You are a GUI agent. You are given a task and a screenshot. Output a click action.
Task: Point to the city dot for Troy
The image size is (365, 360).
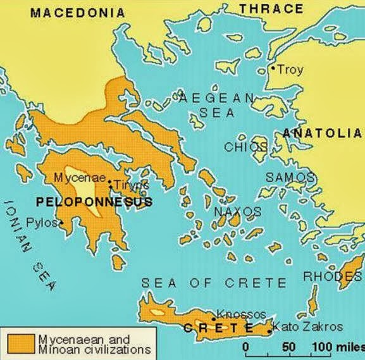click(273, 68)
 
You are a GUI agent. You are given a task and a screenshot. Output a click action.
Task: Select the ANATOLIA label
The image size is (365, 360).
click(322, 133)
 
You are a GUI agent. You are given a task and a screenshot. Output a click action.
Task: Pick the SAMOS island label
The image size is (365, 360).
click(289, 178)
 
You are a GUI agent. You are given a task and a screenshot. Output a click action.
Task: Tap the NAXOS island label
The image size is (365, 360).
click(237, 211)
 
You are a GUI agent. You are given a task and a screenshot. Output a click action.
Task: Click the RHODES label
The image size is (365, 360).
click(333, 276)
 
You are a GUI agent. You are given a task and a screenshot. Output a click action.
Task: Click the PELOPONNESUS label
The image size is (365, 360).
click(94, 202)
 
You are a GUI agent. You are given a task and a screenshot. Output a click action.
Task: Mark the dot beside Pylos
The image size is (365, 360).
click(61, 223)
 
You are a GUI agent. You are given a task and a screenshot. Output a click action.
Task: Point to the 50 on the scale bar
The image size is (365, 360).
click(288, 347)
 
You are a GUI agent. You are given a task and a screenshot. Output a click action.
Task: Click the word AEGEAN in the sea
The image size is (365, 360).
click(216, 98)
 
